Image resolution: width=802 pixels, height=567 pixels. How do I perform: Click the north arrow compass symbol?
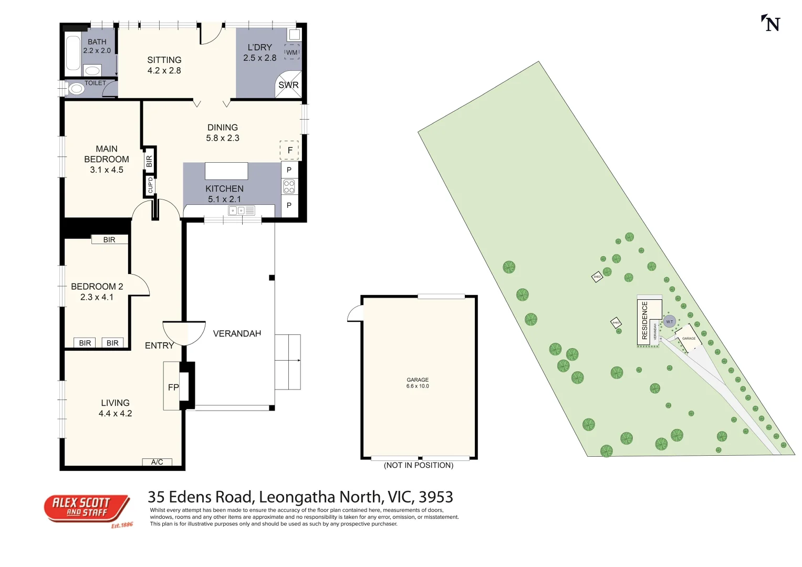tap(771, 24)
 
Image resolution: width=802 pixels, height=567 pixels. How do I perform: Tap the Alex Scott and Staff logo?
tap(87, 509)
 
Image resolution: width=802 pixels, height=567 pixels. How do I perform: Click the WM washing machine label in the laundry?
tap(291, 52)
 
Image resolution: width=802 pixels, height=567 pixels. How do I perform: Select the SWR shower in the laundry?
tap(288, 85)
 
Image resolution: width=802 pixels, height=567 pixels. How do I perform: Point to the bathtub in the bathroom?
tap(73, 52)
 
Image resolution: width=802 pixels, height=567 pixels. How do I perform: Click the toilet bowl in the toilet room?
tap(77, 89)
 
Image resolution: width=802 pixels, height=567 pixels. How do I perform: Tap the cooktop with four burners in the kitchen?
tap(289, 186)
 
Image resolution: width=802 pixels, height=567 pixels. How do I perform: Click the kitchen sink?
tap(241, 211)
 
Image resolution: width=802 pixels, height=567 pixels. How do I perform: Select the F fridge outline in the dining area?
tap(289, 150)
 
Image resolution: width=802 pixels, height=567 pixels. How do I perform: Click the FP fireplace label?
tap(173, 387)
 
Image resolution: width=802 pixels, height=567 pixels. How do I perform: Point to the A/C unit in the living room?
tap(157, 462)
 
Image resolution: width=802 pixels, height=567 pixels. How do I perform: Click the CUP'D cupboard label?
tap(150, 185)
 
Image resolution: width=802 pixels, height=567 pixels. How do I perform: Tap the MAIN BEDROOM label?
tap(107, 154)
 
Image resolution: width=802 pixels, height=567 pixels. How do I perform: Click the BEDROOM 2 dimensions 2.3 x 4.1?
tap(97, 297)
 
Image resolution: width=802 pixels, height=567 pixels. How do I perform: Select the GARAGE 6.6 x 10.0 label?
tap(418, 383)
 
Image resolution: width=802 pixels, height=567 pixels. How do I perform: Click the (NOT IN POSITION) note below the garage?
tap(419, 465)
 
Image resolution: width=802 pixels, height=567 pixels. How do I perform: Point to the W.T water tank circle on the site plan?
tap(669, 322)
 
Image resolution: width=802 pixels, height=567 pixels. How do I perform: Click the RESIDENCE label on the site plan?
tap(645, 320)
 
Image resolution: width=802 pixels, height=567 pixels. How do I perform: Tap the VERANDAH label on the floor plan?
tap(237, 333)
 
